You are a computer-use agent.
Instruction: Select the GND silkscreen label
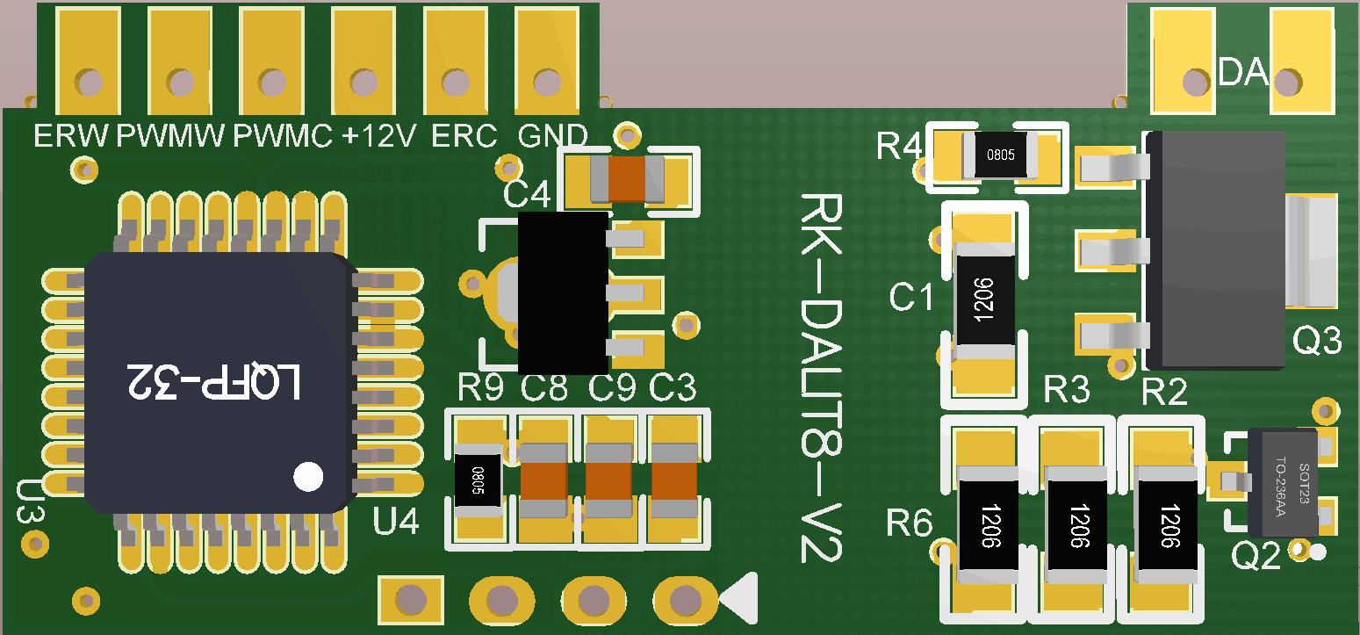coord(553,136)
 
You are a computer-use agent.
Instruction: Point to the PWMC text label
coord(283,136)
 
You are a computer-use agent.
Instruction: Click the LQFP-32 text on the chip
coord(215,382)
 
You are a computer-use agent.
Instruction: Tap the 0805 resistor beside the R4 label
coord(1001,155)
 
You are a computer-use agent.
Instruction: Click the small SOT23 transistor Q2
coord(1283,480)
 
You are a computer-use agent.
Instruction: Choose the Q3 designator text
coord(1317,341)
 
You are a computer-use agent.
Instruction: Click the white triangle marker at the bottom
coord(740,599)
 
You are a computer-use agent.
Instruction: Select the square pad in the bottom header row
coord(409,600)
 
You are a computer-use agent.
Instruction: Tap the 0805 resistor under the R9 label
coord(479,480)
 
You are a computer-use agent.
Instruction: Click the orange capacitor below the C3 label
coord(674,480)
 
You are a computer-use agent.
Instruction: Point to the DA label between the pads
coord(1243,73)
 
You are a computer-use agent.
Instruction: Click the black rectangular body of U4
coord(562,292)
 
